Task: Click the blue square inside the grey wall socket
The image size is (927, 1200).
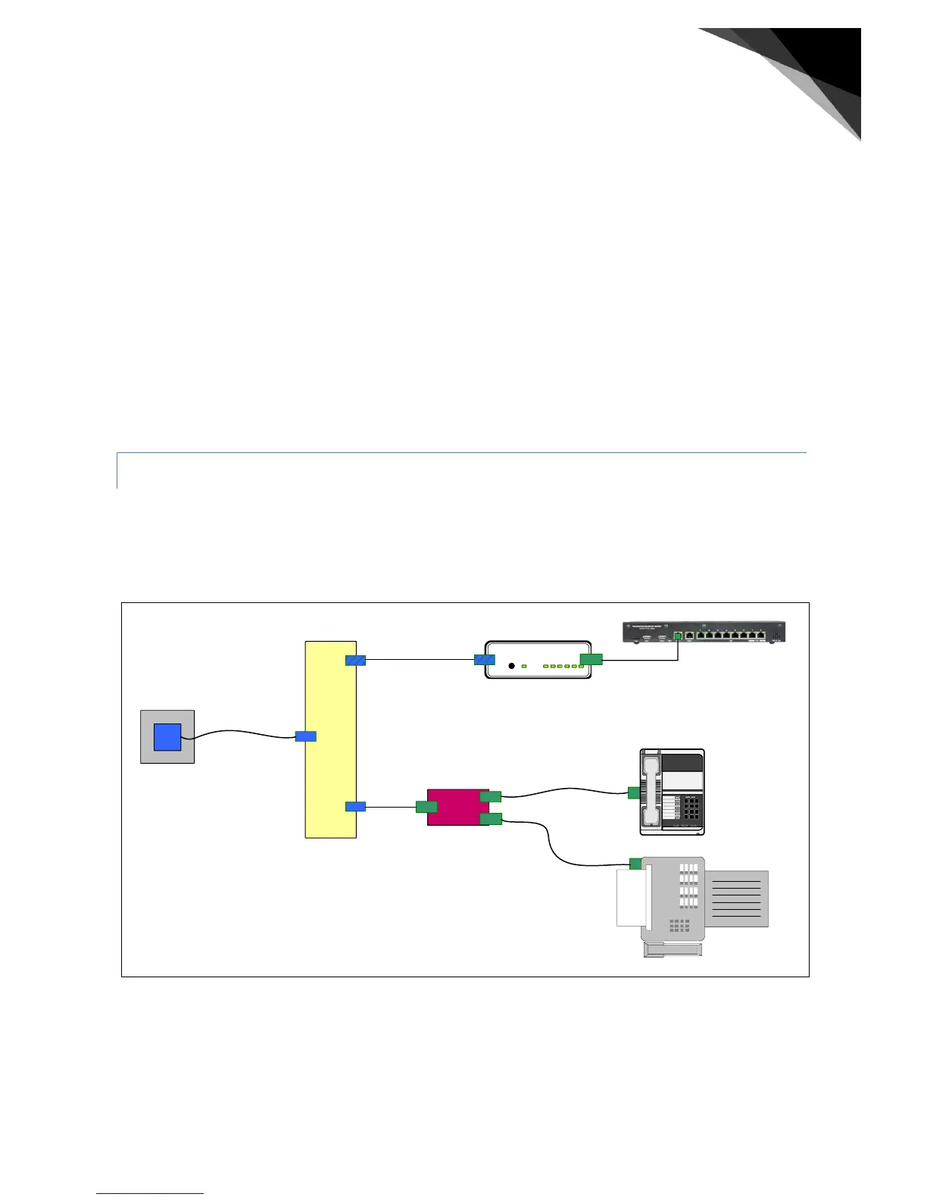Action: pos(167,737)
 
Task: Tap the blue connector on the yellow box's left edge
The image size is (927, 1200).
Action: pos(305,736)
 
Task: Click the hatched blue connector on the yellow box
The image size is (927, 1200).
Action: pos(355,660)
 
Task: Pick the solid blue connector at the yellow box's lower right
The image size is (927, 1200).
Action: pos(355,807)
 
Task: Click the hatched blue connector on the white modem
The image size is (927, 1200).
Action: pos(485,660)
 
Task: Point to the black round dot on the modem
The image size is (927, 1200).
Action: pos(511,666)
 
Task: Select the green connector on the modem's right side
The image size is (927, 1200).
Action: pos(591,659)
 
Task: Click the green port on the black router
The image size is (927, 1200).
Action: pos(678,636)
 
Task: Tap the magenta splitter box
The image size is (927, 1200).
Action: pos(454,808)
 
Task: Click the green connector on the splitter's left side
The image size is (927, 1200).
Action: pos(426,807)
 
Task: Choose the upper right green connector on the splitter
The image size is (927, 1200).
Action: pos(491,796)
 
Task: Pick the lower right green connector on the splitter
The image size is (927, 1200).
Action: pos(491,818)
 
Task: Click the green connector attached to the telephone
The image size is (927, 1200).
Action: pos(634,793)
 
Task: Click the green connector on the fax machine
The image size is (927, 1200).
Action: pos(635,864)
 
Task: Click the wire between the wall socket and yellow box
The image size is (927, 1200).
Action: pos(242,733)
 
